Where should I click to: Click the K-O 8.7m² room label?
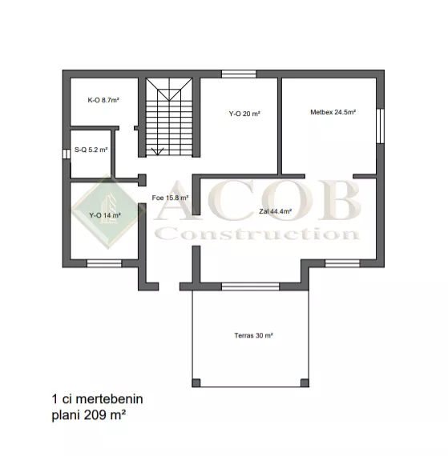pyautogui.click(x=103, y=100)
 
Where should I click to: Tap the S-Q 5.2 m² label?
pyautogui.click(x=91, y=150)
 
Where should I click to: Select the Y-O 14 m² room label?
pyautogui.click(x=105, y=215)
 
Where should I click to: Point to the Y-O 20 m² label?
pyautogui.click(x=244, y=114)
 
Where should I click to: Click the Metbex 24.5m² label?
pyautogui.click(x=333, y=112)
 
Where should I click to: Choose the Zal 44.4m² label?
pyautogui.click(x=275, y=211)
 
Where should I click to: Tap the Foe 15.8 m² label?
pyautogui.click(x=170, y=198)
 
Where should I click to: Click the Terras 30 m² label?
pyautogui.click(x=254, y=335)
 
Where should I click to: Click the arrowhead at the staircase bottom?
pyautogui.click(x=157, y=151)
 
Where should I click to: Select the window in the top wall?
pyautogui.click(x=239, y=74)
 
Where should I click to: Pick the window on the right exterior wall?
pyautogui.click(x=380, y=126)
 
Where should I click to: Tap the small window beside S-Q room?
pyautogui.click(x=67, y=154)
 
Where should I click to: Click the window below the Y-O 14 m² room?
pyautogui.click(x=104, y=263)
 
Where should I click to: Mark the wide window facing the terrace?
pyautogui.click(x=251, y=286)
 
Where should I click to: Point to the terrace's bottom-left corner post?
pyautogui.click(x=196, y=382)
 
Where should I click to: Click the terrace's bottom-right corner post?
pyautogui.click(x=305, y=382)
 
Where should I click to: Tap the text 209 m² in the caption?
pyautogui.click(x=105, y=414)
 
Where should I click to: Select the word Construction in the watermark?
pyautogui.click(x=257, y=234)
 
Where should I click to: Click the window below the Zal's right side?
pyautogui.click(x=342, y=263)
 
